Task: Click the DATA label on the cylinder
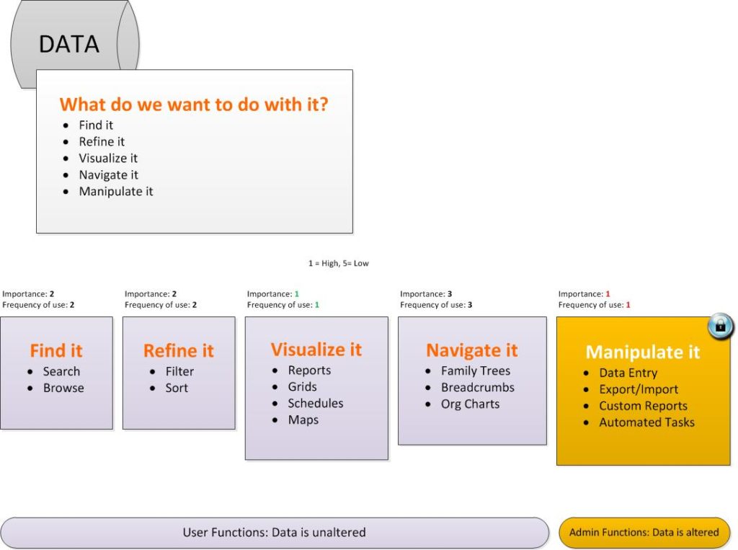[x=68, y=44]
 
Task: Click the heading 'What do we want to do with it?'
[x=193, y=105]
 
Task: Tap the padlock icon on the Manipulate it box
[x=720, y=325]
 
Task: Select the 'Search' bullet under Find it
[x=62, y=371]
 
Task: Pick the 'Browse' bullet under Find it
[x=63, y=388]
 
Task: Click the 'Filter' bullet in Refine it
[x=179, y=371]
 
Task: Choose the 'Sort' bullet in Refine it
[x=177, y=388]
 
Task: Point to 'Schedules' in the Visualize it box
[x=316, y=403]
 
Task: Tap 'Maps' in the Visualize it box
[x=303, y=420]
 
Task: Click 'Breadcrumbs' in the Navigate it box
[x=478, y=387]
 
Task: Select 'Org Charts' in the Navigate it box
[x=470, y=404]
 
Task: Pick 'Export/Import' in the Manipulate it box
[x=639, y=389]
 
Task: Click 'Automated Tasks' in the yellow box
[x=646, y=422]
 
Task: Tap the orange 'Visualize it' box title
[x=316, y=350]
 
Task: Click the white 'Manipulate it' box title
[x=642, y=352]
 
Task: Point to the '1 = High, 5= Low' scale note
[x=339, y=263]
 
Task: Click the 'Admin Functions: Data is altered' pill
[x=644, y=532]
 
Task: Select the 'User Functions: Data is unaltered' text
[x=274, y=532]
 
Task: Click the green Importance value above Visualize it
[x=296, y=294]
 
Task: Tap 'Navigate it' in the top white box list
[x=108, y=175]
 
